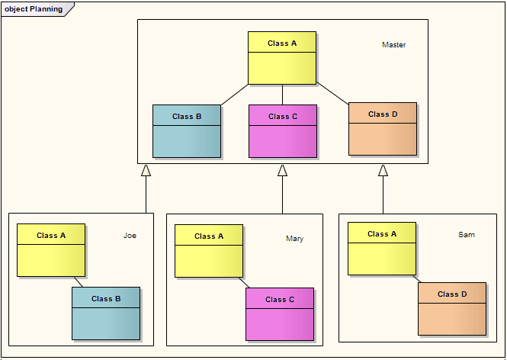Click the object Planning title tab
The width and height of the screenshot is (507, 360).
tap(35, 9)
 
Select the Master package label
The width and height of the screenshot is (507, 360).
tap(393, 45)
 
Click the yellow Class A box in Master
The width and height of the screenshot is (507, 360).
tap(282, 58)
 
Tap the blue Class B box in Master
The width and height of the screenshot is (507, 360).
tap(187, 131)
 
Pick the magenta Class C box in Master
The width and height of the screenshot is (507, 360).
tap(283, 131)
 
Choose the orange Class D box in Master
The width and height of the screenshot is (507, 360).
tap(383, 129)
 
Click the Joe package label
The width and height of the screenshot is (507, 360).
tap(130, 236)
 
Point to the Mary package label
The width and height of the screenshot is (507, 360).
tap(294, 239)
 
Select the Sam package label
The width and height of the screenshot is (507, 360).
tap(466, 235)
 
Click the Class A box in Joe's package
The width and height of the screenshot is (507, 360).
tap(51, 250)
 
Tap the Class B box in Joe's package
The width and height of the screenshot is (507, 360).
tap(106, 313)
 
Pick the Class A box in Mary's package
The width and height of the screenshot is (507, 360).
tap(209, 251)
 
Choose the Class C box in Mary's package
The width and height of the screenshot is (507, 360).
tap(280, 313)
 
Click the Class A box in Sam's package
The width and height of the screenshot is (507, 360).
tap(382, 249)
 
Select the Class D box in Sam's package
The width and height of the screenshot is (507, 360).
tap(452, 308)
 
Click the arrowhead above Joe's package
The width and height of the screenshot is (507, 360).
tap(146, 171)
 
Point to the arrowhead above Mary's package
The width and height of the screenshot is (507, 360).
tap(282, 171)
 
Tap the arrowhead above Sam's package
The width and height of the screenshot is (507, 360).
tap(383, 171)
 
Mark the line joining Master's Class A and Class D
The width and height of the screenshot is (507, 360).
tap(332, 94)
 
